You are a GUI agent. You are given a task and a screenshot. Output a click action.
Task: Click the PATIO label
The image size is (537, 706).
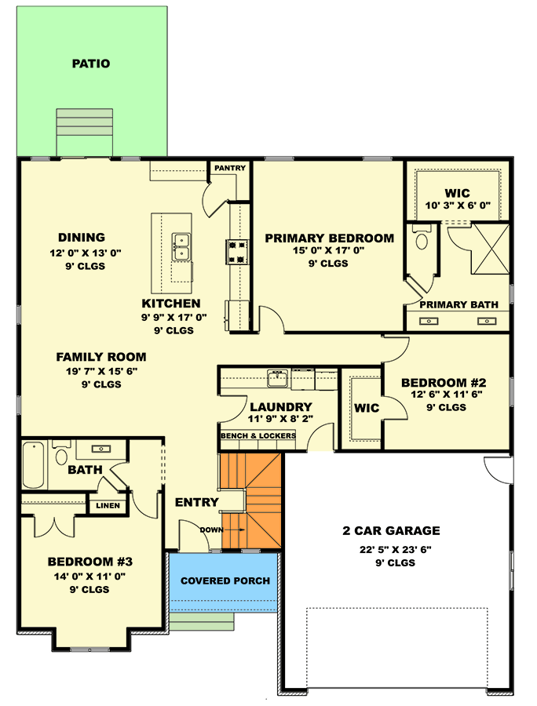(x=91, y=64)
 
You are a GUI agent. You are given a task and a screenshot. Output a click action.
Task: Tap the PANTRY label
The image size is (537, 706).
(x=230, y=168)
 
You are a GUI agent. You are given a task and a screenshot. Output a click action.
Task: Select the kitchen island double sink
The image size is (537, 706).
(x=181, y=247)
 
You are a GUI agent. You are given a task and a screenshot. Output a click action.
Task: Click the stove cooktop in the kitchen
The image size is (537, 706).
(x=237, y=252)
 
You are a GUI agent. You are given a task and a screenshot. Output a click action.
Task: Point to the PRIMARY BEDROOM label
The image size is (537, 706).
(x=329, y=238)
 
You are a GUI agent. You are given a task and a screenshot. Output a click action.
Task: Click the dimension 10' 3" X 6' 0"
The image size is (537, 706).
(x=458, y=206)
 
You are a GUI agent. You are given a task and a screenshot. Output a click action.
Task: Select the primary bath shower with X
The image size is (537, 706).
(x=490, y=249)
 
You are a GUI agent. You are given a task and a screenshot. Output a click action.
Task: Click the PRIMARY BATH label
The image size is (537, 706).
(x=458, y=305)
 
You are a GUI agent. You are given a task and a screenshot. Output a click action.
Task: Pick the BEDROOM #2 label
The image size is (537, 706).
(x=444, y=383)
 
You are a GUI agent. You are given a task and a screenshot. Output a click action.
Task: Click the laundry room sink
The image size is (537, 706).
(x=277, y=378)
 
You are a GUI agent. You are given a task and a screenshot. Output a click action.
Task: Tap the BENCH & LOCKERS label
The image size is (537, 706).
(x=258, y=436)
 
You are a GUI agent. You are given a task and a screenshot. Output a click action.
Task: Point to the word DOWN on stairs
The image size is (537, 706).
(x=211, y=530)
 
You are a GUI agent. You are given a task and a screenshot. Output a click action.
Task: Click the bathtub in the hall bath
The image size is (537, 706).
(x=34, y=464)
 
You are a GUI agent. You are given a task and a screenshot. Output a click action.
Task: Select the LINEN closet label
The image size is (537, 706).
(x=108, y=506)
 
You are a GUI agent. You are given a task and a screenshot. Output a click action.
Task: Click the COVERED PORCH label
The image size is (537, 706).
(x=225, y=580)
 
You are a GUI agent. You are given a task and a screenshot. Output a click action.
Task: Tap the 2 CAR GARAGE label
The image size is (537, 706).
(x=391, y=531)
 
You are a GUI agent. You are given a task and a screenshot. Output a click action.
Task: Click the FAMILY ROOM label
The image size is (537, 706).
(x=101, y=357)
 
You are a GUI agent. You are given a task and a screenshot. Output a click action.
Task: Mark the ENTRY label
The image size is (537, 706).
(x=196, y=503)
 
